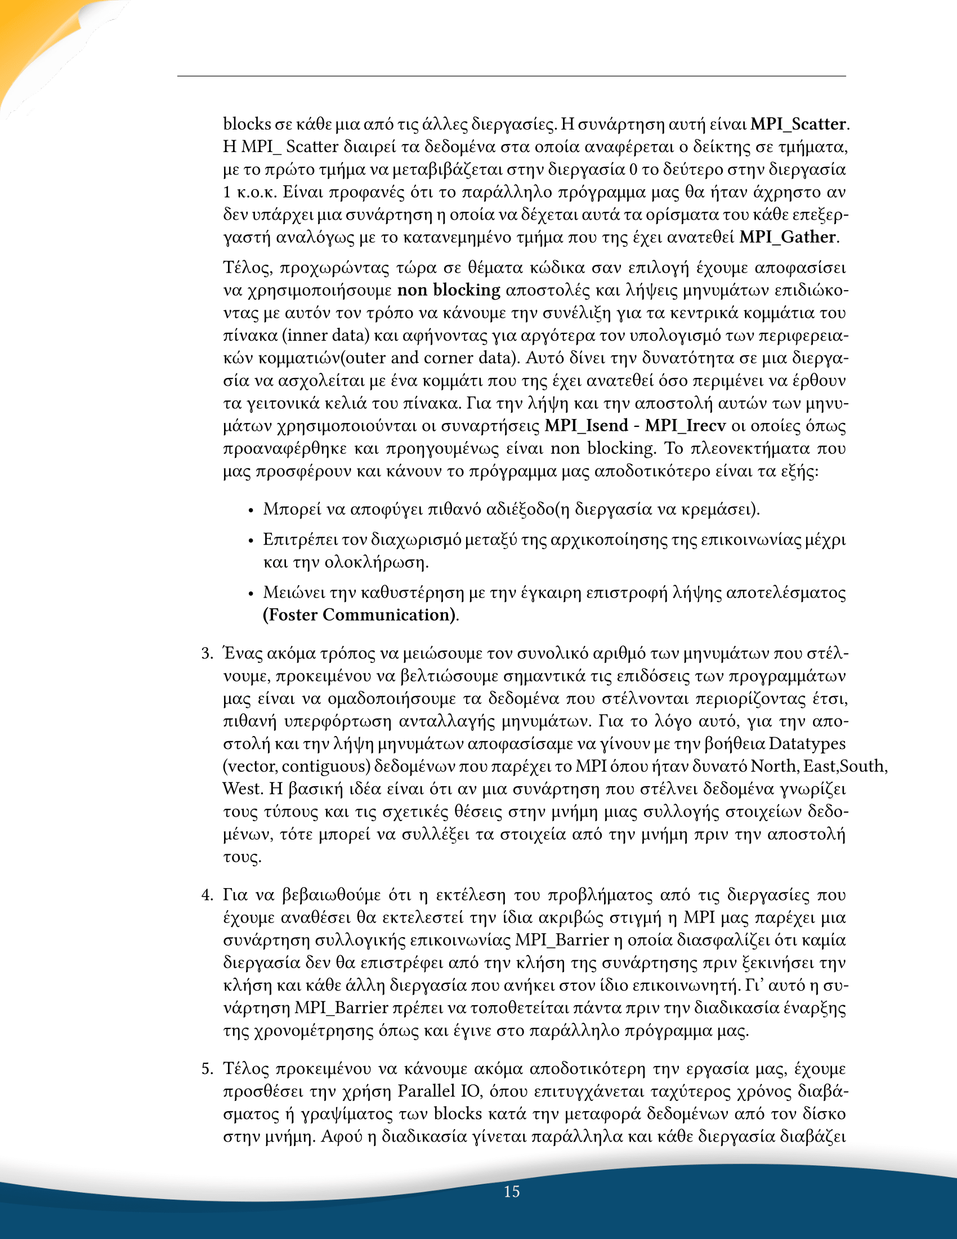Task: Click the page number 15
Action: coord(511,1191)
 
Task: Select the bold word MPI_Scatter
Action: coord(798,124)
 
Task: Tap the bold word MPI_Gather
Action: coord(788,237)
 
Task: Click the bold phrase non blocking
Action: coord(449,291)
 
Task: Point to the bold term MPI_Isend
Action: coord(586,425)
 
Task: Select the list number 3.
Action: coord(207,653)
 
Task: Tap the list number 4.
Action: coord(207,895)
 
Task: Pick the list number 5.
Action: coord(207,1069)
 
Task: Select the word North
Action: coord(773,766)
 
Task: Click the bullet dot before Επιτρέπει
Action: coord(251,541)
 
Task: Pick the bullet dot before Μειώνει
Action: coord(251,594)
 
